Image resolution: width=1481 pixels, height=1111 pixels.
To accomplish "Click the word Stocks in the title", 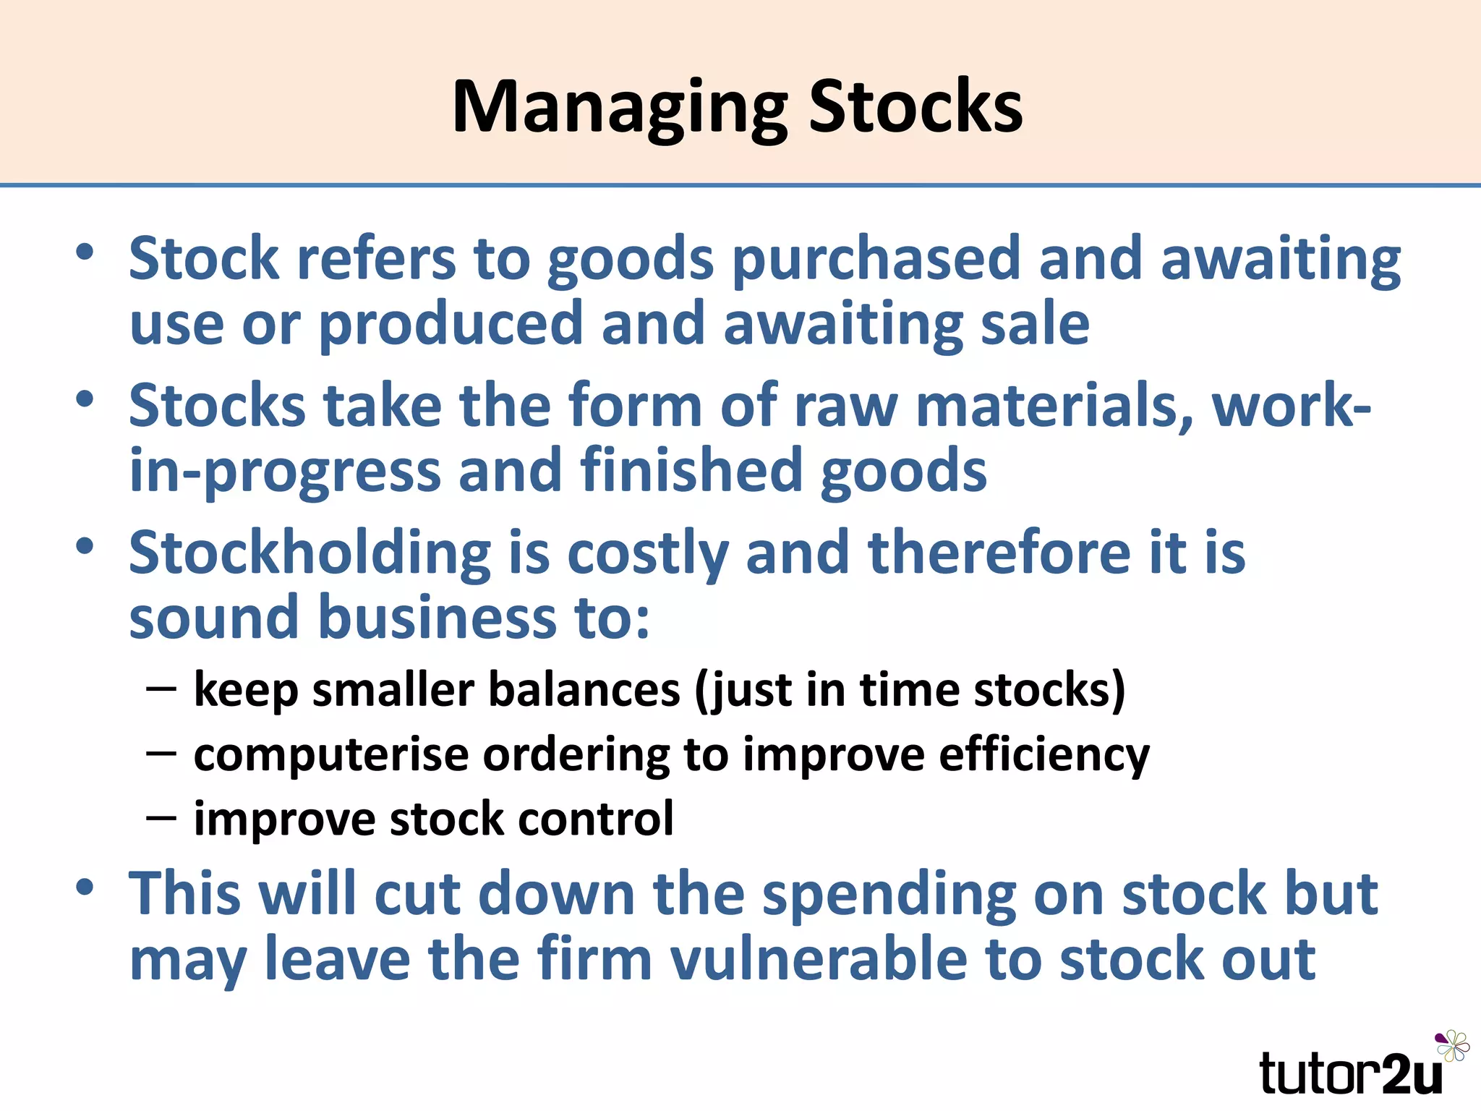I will click(915, 107).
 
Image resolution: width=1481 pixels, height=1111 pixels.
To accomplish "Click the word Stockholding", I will click(310, 554).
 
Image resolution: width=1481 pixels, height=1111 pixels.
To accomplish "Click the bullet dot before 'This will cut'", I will click(85, 887).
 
